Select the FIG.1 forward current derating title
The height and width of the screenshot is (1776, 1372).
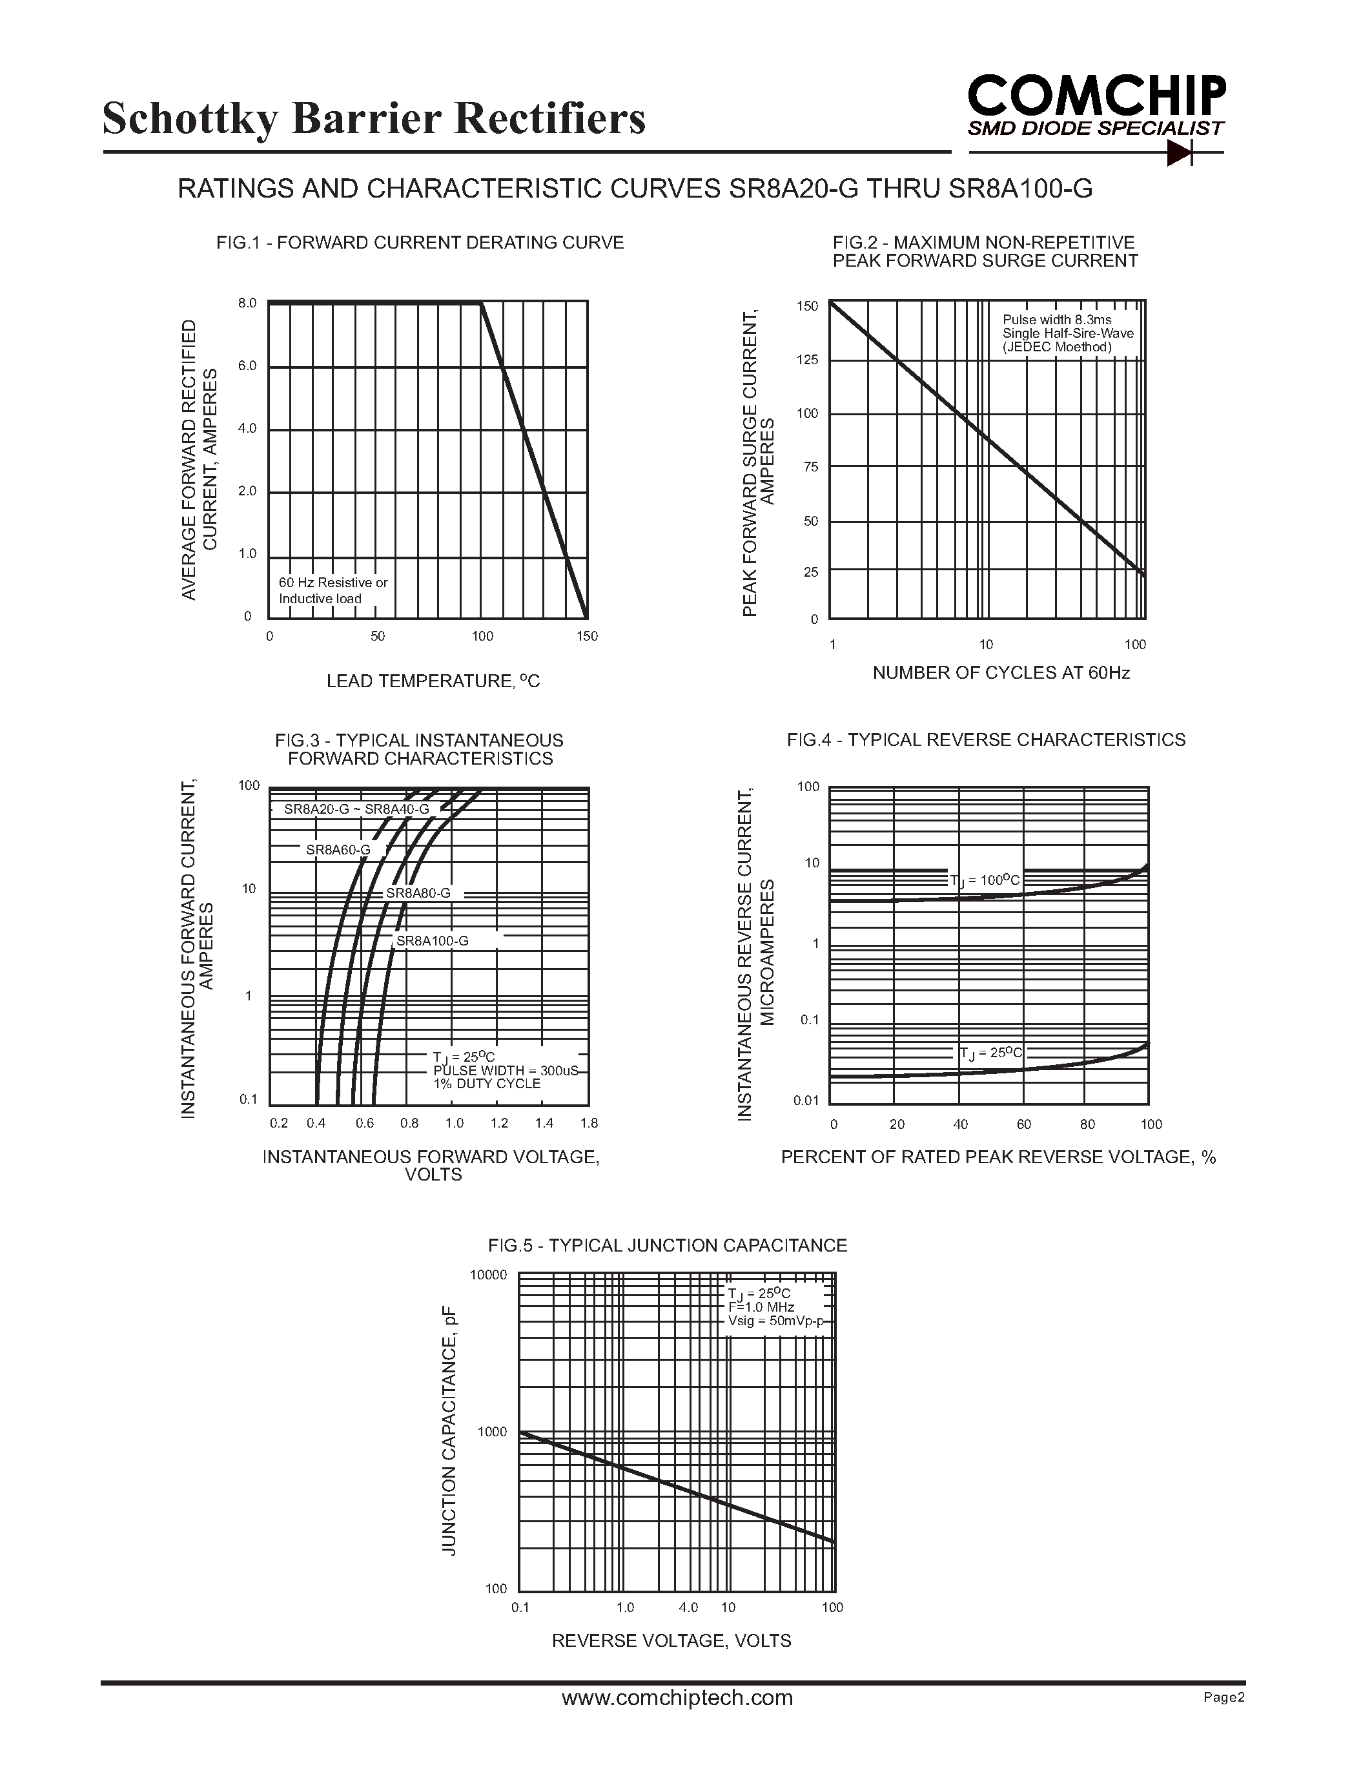click(x=420, y=242)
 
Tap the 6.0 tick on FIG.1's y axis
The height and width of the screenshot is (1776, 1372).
click(x=247, y=366)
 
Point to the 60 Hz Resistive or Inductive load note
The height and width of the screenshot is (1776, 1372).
click(x=333, y=590)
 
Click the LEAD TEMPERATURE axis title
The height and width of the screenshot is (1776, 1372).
click(x=433, y=681)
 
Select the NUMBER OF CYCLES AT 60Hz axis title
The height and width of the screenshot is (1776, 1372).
click(x=1001, y=672)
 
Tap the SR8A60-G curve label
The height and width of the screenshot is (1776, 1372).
click(x=337, y=850)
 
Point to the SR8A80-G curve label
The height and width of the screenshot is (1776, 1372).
click(x=418, y=893)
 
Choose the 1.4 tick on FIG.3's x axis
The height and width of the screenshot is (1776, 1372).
click(x=544, y=1123)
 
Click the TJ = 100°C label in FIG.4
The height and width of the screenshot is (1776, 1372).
click(x=985, y=880)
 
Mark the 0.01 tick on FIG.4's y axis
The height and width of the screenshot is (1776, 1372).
click(x=806, y=1101)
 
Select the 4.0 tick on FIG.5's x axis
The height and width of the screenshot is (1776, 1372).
click(x=688, y=1607)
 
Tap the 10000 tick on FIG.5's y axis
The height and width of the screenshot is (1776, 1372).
click(x=487, y=1275)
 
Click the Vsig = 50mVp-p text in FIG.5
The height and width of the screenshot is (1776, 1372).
click(x=775, y=1321)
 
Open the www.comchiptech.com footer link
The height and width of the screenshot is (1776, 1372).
click(x=677, y=1698)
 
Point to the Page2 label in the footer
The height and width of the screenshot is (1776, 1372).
click(x=1224, y=1697)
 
